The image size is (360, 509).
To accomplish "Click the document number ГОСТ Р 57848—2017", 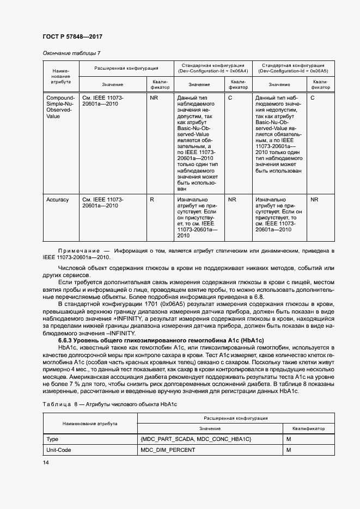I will (72, 36).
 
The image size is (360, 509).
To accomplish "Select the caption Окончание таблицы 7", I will (71, 53).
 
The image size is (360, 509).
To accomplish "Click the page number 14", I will (46, 462).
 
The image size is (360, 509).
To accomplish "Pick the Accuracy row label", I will (58, 200).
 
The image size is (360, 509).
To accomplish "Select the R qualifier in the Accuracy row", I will (152, 200).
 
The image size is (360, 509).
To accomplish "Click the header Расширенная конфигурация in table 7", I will (126, 69).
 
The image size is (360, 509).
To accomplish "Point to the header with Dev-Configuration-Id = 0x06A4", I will (212, 68).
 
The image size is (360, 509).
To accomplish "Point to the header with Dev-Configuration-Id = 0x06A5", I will (293, 68).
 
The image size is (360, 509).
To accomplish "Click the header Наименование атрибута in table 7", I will (60, 76).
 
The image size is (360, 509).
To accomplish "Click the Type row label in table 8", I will (53, 438).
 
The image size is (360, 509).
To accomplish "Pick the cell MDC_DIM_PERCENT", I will (168, 450).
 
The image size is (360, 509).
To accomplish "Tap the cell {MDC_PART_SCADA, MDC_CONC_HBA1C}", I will (195, 438).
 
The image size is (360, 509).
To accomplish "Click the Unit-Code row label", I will (59, 450).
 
